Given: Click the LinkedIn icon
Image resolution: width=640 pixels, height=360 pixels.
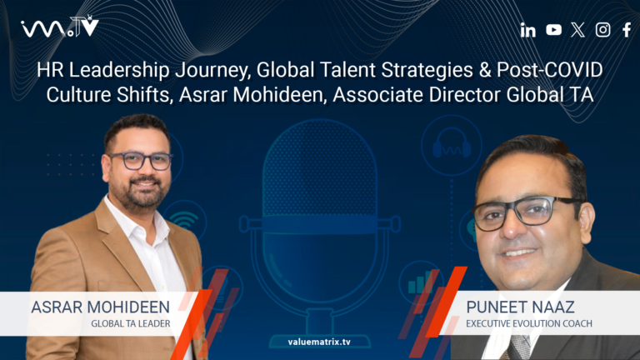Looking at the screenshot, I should (527, 30).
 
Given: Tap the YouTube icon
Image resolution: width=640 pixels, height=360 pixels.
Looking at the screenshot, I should (553, 30).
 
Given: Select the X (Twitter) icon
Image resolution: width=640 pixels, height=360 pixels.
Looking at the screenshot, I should (578, 30).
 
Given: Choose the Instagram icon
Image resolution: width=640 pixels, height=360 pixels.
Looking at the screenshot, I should (602, 30).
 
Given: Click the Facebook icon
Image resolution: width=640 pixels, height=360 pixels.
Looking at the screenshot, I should (627, 30).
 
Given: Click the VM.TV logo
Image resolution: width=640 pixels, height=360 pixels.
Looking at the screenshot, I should (59, 27).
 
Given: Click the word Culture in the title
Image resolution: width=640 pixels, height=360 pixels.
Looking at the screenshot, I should (80, 94).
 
